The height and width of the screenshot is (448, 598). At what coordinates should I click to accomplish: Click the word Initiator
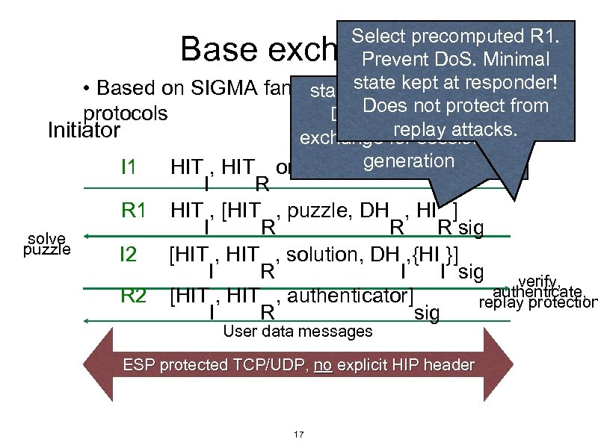coord(83,131)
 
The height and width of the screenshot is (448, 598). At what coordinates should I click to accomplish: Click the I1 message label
coord(129,166)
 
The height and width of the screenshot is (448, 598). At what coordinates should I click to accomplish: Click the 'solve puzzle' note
coord(47,244)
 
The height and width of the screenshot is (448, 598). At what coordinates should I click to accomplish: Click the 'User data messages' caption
coord(298,331)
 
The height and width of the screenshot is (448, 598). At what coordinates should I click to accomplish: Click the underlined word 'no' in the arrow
coord(323,365)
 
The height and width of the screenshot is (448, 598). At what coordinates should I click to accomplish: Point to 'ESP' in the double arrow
coord(138,365)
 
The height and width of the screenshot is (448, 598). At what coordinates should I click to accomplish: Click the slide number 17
coord(298,434)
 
